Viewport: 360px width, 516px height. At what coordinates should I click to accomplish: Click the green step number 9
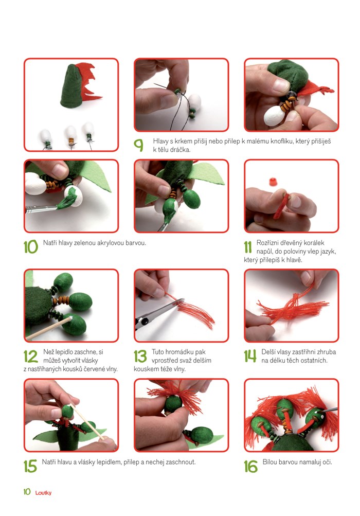(x=138, y=145)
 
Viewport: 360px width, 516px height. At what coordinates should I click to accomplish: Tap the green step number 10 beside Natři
(x=31, y=247)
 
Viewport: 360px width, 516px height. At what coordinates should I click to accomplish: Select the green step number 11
(x=248, y=247)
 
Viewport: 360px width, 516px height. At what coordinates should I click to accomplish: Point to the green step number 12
(x=31, y=357)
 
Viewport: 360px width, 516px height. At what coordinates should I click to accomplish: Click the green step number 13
(x=140, y=357)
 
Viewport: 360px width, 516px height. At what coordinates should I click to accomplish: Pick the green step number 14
(x=250, y=356)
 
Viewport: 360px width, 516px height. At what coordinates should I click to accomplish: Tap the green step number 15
(x=30, y=466)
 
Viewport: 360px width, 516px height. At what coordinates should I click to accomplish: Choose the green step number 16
(x=251, y=466)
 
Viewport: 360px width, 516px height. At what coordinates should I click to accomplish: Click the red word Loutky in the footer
(x=43, y=493)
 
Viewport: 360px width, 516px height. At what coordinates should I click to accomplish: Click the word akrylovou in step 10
(x=111, y=243)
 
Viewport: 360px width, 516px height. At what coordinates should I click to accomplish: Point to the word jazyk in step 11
(x=328, y=252)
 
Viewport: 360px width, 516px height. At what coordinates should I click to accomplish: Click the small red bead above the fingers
(x=273, y=182)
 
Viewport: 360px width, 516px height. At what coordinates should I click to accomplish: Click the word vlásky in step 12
(x=89, y=360)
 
